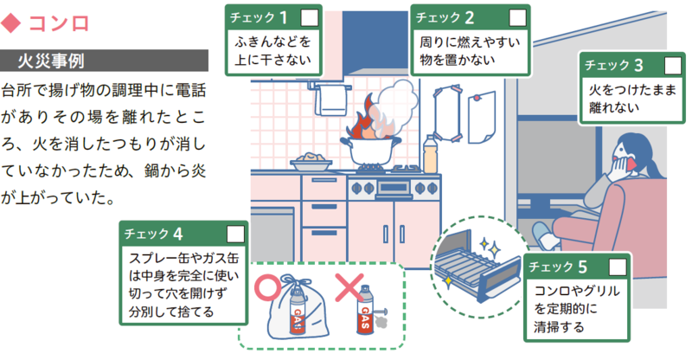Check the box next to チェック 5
618,266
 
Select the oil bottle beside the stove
430,155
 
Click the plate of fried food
309,161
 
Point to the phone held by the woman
632,161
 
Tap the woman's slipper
544,235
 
